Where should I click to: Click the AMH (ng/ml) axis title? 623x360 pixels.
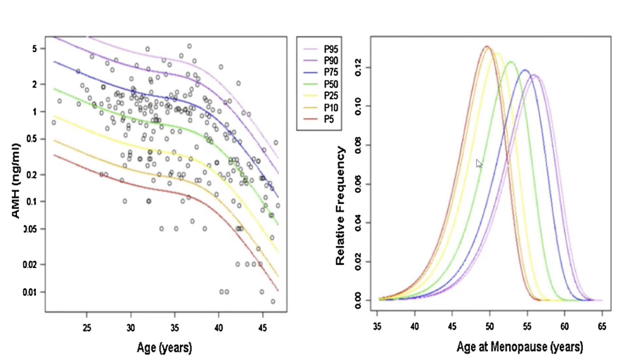pyautogui.click(x=15, y=179)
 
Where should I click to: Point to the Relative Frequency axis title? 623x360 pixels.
pyautogui.click(x=340, y=205)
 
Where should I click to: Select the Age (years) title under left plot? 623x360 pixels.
pyautogui.click(x=165, y=347)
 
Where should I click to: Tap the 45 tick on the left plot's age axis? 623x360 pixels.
pyautogui.click(x=262, y=328)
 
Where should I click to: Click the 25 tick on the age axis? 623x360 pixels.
pyautogui.click(x=87, y=328)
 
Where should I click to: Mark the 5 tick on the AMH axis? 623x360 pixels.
pyautogui.click(x=35, y=49)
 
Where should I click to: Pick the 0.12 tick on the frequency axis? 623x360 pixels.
pyautogui.click(x=360, y=67)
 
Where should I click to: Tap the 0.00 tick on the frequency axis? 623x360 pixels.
pyautogui.click(x=360, y=300)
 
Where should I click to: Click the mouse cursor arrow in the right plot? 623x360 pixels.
pyautogui.click(x=479, y=163)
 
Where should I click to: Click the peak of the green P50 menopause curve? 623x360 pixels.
pyautogui.click(x=510, y=62)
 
